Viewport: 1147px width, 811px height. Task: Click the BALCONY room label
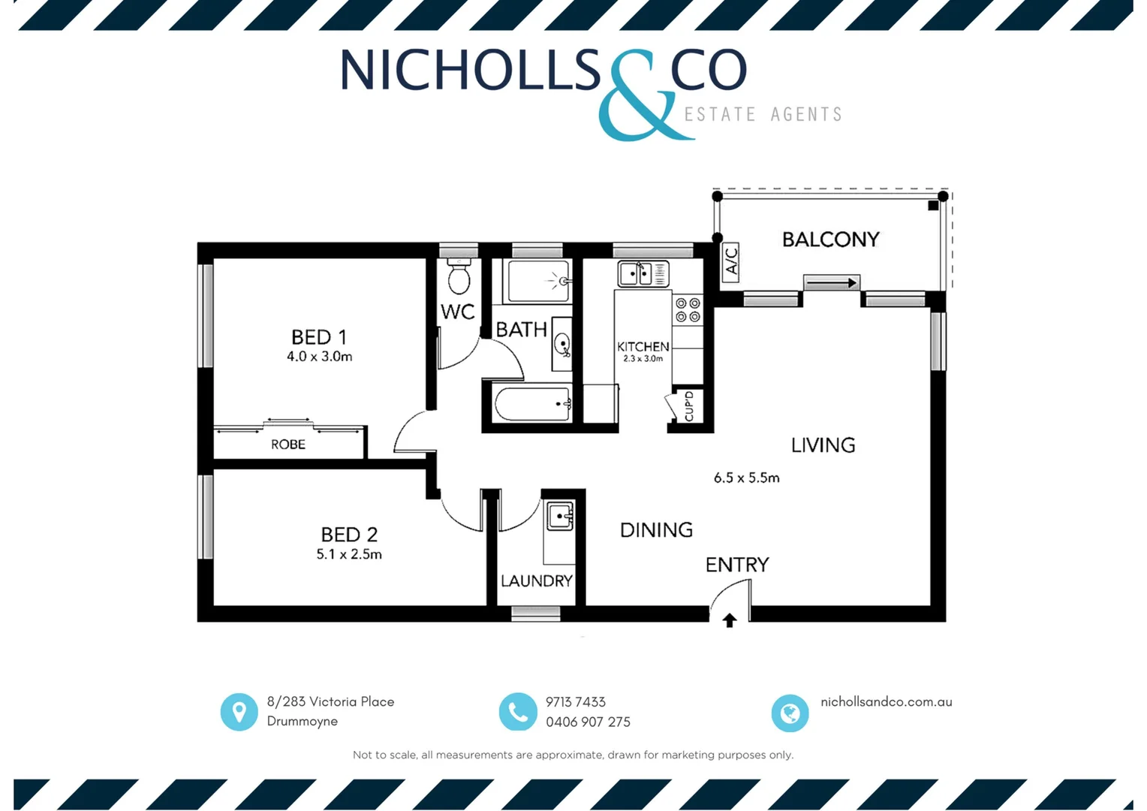[830, 240]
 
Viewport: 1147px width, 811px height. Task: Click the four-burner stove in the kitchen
[688, 310]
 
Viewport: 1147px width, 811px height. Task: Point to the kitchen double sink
[643, 273]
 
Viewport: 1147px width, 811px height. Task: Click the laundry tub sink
[560, 517]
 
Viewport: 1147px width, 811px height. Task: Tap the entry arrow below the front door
[729, 620]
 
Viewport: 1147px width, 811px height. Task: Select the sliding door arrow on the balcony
[831, 283]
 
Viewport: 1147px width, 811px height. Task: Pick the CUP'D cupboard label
[689, 406]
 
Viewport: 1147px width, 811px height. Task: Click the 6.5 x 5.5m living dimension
[746, 478]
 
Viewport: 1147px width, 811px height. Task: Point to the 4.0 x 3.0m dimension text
[319, 357]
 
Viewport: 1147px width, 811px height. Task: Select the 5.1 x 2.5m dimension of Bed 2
[349, 554]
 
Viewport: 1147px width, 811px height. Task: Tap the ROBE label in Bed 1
[288, 445]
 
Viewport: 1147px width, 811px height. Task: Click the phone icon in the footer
[518, 711]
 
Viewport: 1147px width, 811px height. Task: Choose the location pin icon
[239, 711]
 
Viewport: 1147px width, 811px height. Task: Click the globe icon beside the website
[790, 713]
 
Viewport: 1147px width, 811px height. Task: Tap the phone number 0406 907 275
[588, 722]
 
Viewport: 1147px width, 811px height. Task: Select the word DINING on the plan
[656, 530]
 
